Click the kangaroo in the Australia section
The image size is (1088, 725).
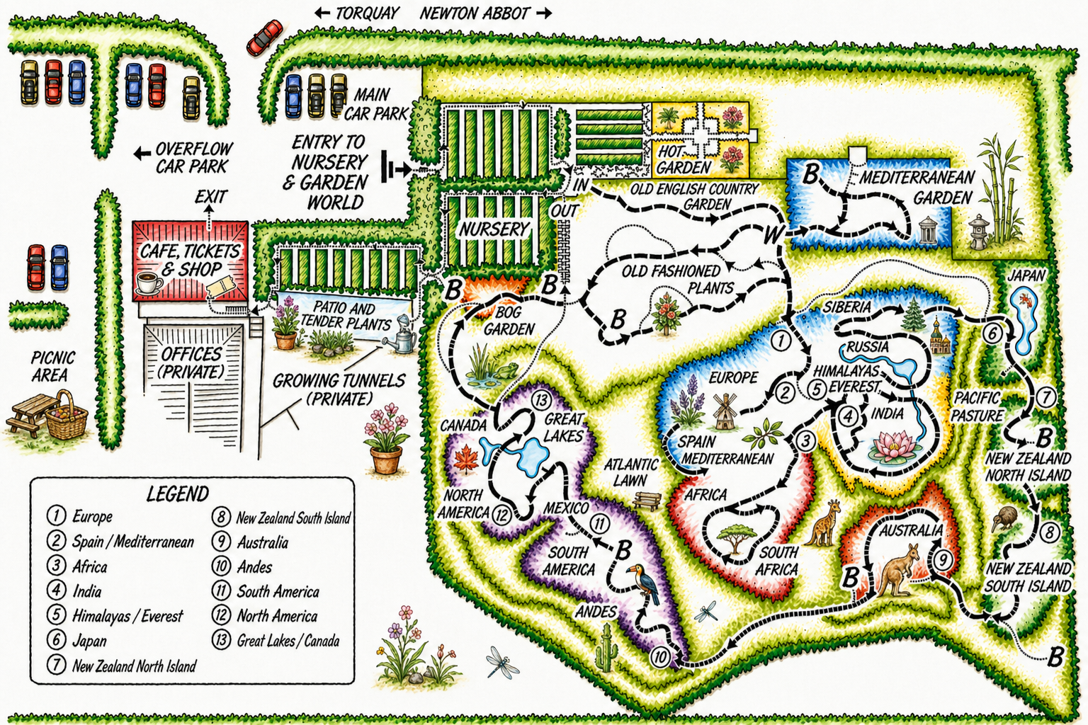pos(895,571)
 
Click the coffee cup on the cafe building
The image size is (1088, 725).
pos(149,282)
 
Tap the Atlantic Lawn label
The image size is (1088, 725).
pos(630,472)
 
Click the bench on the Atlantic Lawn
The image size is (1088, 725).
pos(647,501)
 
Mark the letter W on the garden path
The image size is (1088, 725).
pos(773,234)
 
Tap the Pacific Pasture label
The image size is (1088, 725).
pos(977,406)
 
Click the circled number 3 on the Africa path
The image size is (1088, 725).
pos(805,440)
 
